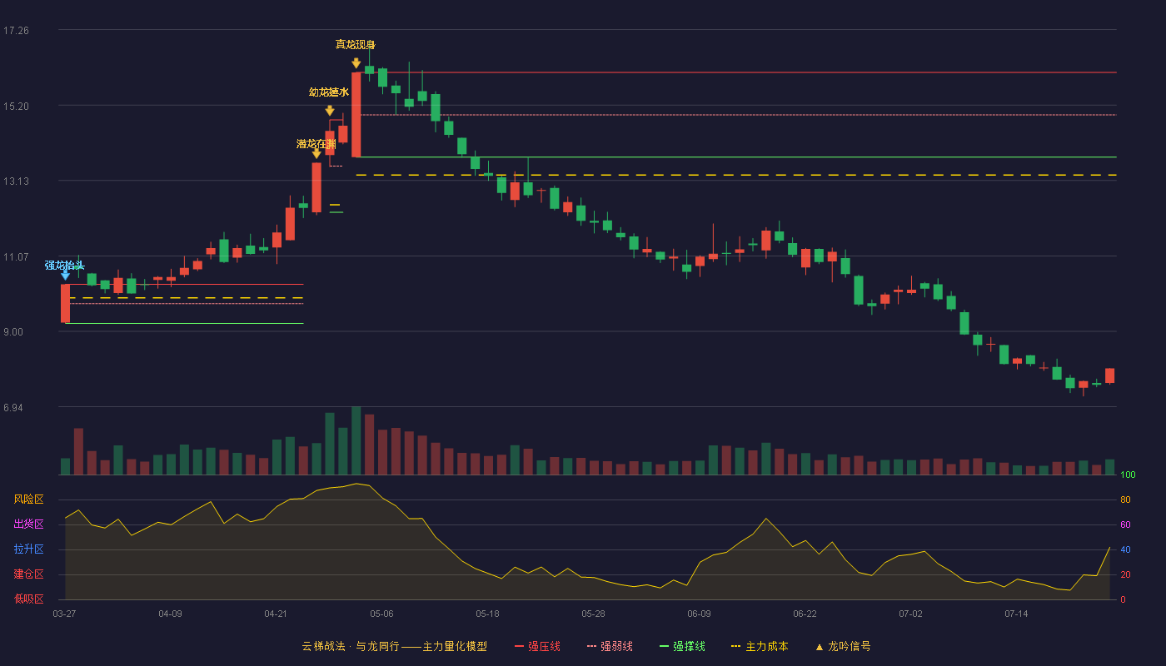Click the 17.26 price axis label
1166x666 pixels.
(x=16, y=31)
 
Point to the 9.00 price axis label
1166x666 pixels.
(x=13, y=332)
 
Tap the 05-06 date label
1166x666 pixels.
(x=381, y=614)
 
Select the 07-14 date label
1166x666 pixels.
(x=1016, y=614)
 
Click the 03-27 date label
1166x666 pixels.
(x=65, y=614)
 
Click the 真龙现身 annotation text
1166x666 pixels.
(x=356, y=45)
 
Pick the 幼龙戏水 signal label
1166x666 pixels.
(x=329, y=92)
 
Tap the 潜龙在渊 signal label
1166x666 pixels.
(x=316, y=143)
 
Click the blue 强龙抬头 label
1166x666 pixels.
(x=65, y=266)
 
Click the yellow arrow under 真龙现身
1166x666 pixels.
(x=356, y=63)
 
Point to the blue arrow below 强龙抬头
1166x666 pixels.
(x=65, y=275)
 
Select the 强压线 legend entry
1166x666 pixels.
(x=537, y=646)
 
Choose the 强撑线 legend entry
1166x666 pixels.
(x=682, y=646)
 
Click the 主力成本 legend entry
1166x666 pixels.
(x=760, y=646)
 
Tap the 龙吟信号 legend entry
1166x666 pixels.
(x=843, y=646)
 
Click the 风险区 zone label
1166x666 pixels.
(x=28, y=499)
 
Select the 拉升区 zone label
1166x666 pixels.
(x=28, y=549)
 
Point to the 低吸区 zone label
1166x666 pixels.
(x=28, y=599)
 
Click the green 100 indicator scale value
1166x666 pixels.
(x=1128, y=475)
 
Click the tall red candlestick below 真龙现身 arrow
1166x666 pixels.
(x=356, y=115)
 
